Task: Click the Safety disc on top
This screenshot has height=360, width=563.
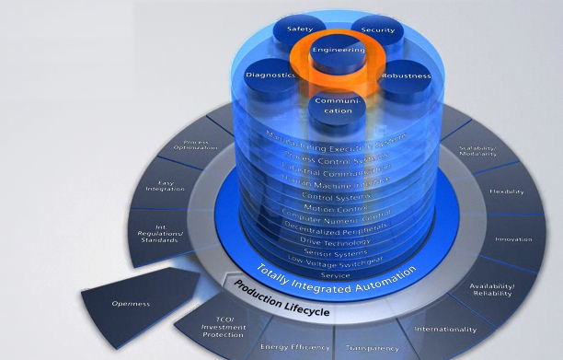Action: click(x=301, y=29)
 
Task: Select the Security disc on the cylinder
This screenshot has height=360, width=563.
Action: click(x=377, y=29)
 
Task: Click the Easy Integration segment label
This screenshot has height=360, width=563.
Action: click(x=171, y=187)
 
